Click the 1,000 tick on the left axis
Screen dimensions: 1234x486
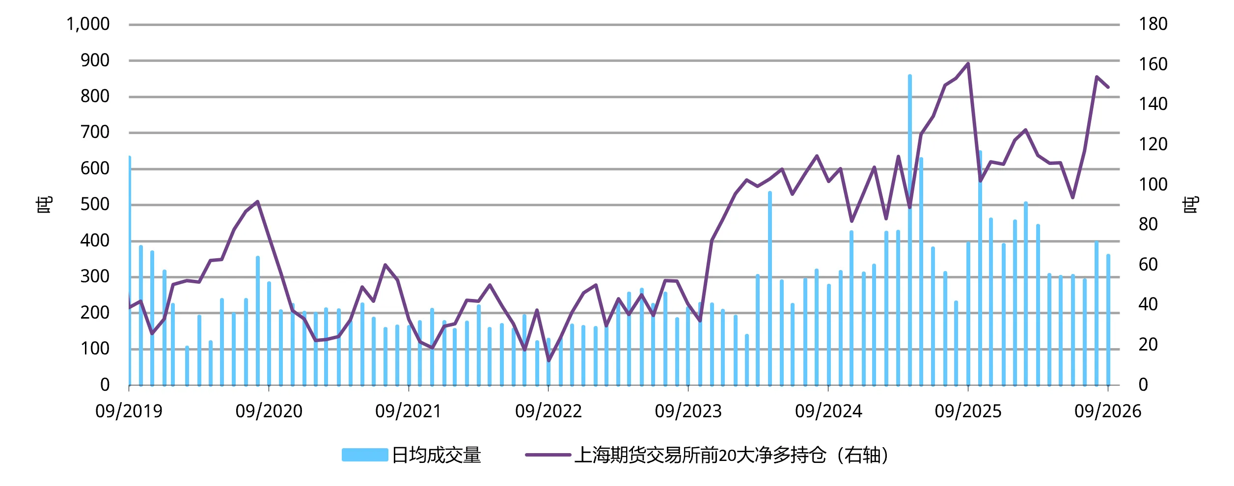point(88,24)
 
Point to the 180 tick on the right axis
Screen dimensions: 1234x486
point(1153,24)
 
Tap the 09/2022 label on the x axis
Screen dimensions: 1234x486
point(548,411)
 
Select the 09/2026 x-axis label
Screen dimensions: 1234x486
point(1108,411)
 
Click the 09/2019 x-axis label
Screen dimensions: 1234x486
point(129,411)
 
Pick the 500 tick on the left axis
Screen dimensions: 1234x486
point(95,204)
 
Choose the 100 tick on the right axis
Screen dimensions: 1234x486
point(1153,185)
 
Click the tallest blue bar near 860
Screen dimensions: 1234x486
point(909,230)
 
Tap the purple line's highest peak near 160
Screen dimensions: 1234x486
point(968,63)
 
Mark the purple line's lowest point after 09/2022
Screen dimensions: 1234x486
point(548,361)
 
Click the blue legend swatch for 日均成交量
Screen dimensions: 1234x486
point(365,455)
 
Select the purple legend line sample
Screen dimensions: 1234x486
point(548,455)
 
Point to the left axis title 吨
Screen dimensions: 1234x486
point(44,205)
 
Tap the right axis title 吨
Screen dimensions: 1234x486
point(1190,205)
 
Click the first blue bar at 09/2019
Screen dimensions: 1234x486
point(129,270)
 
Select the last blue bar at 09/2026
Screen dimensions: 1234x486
point(1108,320)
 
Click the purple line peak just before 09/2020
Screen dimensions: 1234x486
point(257,201)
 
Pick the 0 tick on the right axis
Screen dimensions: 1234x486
point(1143,385)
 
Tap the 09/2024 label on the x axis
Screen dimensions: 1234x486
point(828,411)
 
